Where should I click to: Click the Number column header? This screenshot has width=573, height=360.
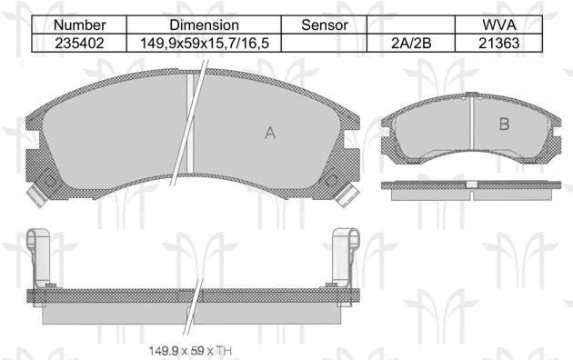[79, 25]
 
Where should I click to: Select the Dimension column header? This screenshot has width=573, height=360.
[204, 25]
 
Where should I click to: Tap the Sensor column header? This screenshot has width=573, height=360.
[325, 25]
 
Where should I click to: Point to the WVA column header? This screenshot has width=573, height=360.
[498, 25]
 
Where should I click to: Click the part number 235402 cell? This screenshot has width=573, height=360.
[79, 43]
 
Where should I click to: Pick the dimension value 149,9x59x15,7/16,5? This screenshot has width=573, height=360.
[205, 43]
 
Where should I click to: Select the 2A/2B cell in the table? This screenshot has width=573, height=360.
[411, 43]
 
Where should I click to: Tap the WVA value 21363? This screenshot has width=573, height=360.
[498, 43]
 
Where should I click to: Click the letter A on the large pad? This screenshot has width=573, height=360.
[270, 133]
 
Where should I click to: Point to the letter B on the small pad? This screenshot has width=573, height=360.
[504, 125]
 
